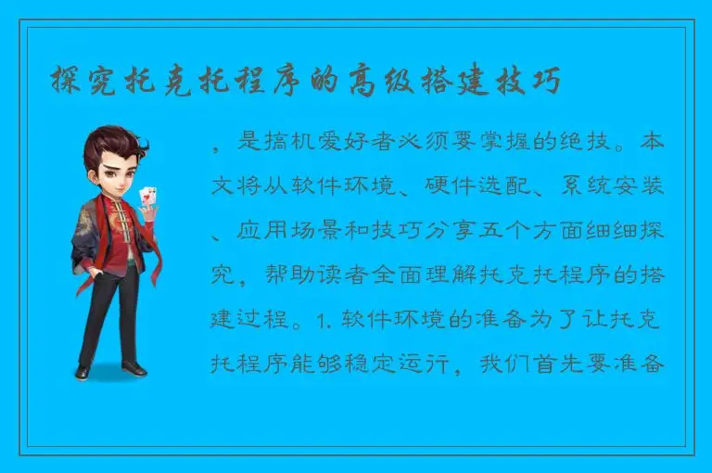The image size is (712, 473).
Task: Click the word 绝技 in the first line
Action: (585, 144)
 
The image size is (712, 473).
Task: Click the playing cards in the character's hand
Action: (146, 198)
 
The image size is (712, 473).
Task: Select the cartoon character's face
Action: (108, 172)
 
